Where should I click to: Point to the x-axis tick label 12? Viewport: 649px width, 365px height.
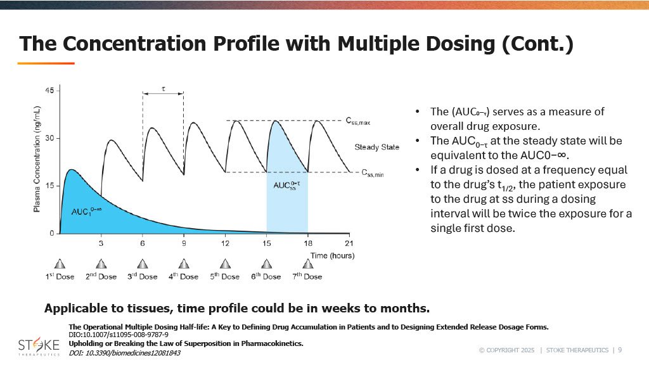click(225, 243)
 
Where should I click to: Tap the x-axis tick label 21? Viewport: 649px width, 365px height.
click(349, 243)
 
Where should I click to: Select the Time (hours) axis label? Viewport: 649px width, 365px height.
click(332, 256)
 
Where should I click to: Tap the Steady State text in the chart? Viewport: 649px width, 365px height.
click(376, 147)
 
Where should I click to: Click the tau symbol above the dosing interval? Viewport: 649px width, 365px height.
click(164, 89)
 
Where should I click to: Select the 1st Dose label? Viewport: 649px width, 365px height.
click(60, 276)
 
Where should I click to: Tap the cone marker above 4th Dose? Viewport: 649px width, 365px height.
click(184, 264)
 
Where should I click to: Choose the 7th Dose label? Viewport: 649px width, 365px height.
click(307, 276)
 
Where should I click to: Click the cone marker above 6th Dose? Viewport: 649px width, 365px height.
click(266, 264)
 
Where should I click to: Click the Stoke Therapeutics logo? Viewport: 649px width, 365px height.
click(39, 347)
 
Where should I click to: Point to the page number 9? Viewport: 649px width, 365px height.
click(620, 350)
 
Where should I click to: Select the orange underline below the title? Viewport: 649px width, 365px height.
click(46, 63)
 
